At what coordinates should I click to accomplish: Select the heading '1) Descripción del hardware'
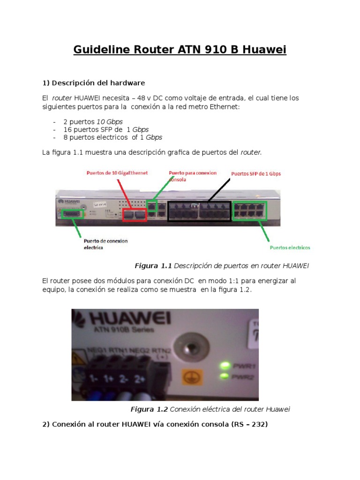(94, 83)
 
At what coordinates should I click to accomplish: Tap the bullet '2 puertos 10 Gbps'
(93, 121)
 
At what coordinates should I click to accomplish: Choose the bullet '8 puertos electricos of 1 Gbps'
(112, 137)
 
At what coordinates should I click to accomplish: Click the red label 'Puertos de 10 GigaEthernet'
(117, 173)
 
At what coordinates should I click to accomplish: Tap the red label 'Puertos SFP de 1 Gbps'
(256, 173)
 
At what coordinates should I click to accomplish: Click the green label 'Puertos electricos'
(290, 247)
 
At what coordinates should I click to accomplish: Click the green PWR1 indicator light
(225, 365)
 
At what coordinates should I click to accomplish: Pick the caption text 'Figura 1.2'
(149, 409)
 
